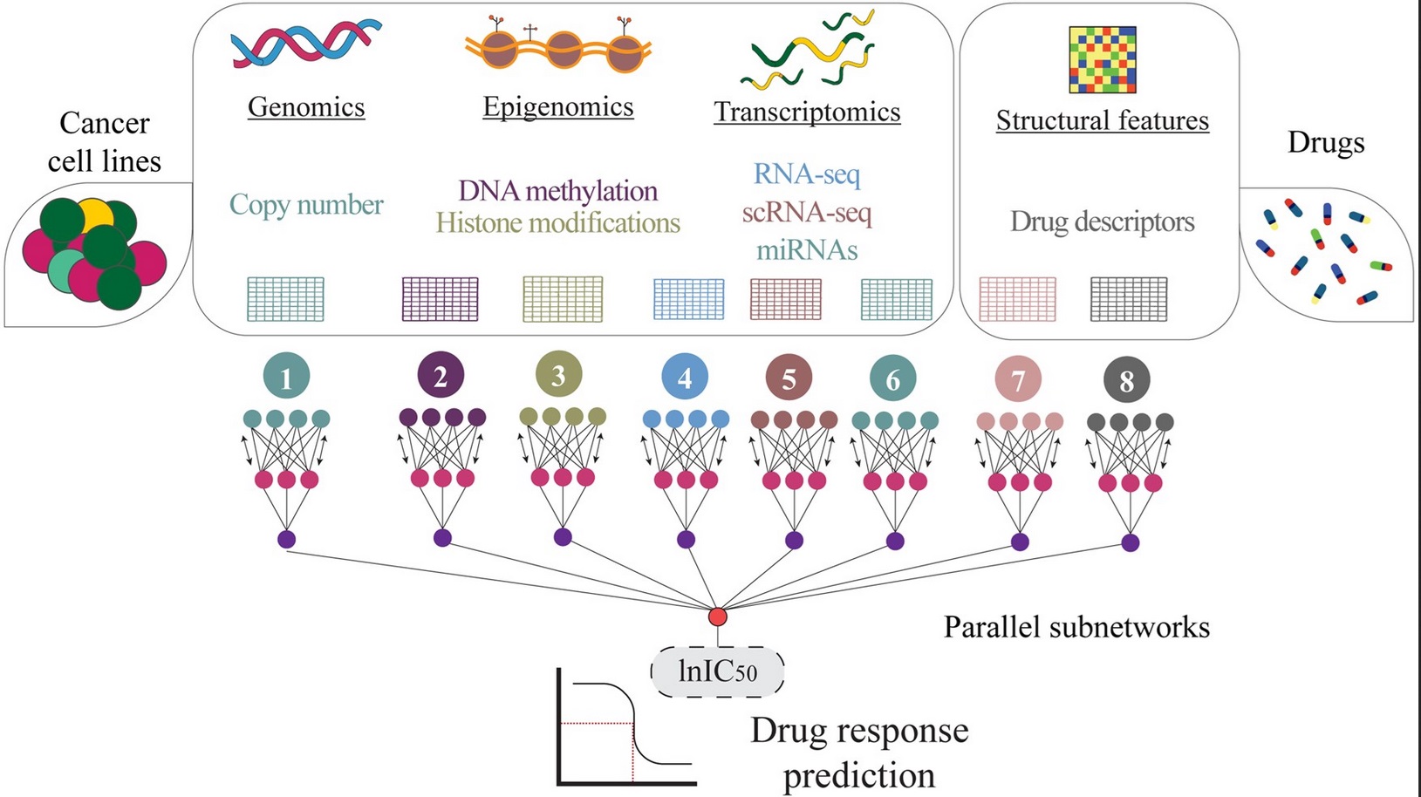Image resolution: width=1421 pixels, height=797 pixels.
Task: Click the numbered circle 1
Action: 286,377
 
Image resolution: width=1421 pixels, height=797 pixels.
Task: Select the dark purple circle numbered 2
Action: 441,376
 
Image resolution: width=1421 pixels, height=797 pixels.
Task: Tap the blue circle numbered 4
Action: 685,378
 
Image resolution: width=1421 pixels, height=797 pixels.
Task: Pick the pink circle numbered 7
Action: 1018,379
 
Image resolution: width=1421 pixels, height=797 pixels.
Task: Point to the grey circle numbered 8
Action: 1127,380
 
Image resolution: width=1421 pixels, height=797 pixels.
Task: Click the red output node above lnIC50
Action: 718,616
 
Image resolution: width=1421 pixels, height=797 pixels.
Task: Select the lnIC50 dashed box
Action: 717,671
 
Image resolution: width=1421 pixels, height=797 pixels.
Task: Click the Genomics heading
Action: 306,106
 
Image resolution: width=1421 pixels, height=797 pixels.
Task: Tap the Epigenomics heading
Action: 558,106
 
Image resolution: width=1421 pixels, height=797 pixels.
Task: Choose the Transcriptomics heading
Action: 807,112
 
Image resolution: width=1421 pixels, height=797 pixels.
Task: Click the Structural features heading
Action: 1103,120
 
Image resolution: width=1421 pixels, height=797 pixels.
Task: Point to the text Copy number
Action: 306,204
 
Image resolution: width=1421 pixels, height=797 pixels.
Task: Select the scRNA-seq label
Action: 807,212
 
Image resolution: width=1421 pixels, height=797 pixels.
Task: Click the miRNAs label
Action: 807,250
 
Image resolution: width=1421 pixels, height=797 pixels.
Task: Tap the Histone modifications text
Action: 558,223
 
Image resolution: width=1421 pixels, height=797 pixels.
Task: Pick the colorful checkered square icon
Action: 1103,59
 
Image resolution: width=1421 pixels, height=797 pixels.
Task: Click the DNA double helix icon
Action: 306,44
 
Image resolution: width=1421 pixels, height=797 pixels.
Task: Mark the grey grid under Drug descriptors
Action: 1129,299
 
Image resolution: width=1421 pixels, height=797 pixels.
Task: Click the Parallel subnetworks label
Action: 1076,627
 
